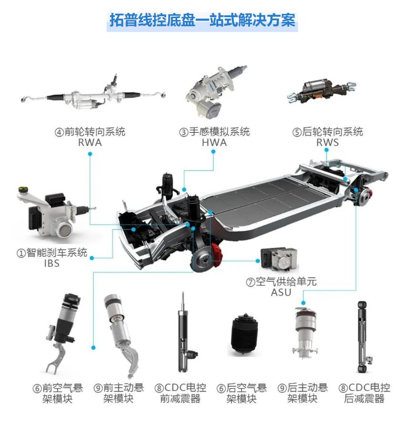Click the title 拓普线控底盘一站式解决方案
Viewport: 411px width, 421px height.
[202, 20]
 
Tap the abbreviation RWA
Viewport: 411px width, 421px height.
[90, 143]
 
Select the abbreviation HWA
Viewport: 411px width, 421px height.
[214, 143]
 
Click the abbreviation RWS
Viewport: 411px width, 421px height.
[328, 142]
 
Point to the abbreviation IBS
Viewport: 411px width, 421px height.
[52, 263]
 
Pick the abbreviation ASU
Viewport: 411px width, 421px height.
[281, 292]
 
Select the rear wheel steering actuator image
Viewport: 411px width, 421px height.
[321, 90]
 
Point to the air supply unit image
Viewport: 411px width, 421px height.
[279, 260]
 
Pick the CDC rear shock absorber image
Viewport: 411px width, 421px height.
[363, 337]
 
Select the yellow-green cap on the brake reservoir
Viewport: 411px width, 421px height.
[22, 189]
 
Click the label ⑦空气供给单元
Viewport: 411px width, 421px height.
[281, 281]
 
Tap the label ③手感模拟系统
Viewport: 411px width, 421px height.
[214, 132]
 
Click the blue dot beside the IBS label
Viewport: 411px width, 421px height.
[92, 258]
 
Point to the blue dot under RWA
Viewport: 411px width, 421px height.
[90, 154]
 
